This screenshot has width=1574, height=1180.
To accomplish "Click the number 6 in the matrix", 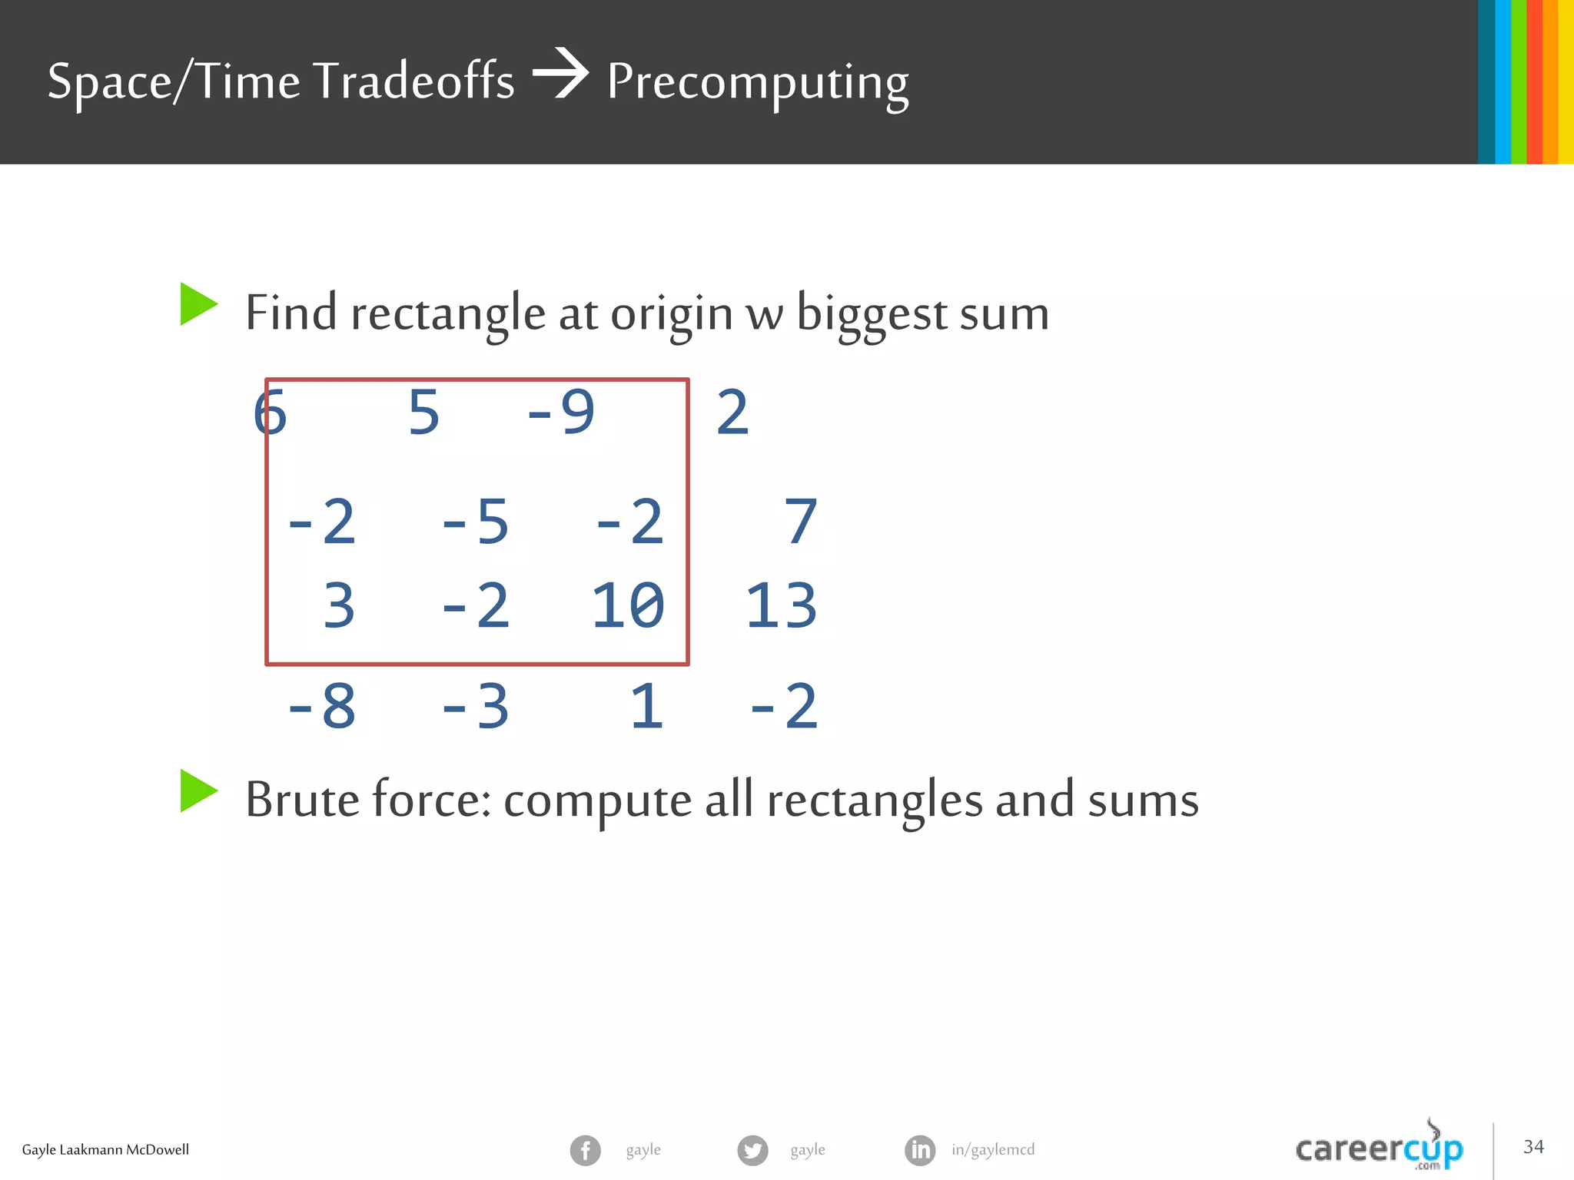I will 270,413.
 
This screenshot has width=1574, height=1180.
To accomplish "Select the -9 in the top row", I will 561,413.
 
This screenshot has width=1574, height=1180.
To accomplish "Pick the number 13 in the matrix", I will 781,606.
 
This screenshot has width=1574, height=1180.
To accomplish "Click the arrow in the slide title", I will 561,74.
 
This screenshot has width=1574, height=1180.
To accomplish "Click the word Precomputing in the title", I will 758,83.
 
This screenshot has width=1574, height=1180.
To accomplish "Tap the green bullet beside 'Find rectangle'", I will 198,304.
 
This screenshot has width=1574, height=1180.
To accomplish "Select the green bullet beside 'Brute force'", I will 198,791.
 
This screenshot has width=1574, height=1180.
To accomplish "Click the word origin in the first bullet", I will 672,315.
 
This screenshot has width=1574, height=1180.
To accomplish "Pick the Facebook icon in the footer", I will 585,1150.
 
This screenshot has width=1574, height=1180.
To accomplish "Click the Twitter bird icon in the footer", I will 752,1150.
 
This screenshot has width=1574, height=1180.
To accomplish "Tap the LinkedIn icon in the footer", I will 920,1150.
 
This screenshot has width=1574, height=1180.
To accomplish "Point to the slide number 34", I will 1533,1147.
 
